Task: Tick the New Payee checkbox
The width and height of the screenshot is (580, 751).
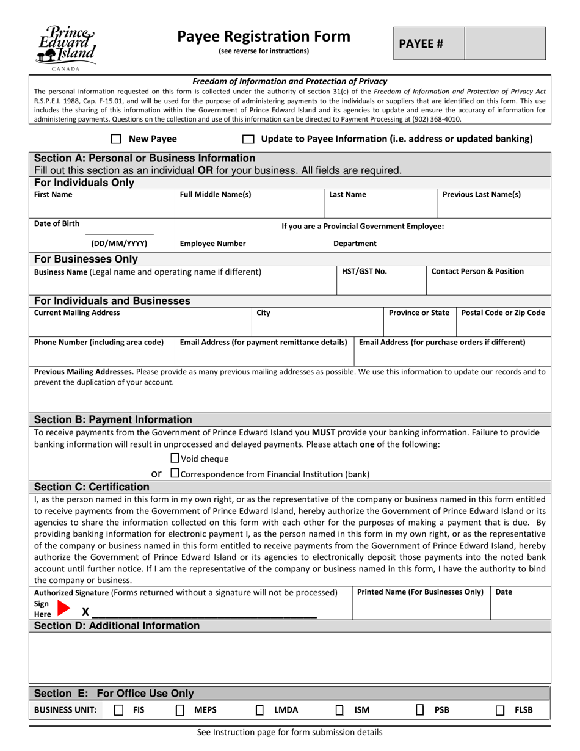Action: (x=116, y=139)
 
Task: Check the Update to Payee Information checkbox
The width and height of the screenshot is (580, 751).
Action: (x=248, y=139)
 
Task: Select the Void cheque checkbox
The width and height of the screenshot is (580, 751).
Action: (x=175, y=458)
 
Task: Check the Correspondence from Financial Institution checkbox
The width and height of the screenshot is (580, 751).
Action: (x=175, y=473)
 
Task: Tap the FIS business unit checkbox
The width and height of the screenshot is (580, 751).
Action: (x=119, y=710)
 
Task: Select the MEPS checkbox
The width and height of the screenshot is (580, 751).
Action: (x=180, y=710)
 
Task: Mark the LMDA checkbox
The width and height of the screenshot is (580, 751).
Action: (x=259, y=710)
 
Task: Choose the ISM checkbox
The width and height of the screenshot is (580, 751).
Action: (x=339, y=710)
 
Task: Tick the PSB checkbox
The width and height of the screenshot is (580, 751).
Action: (x=420, y=710)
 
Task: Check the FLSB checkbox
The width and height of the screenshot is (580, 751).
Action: (x=500, y=710)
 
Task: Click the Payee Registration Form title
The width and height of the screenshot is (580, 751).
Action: (x=264, y=37)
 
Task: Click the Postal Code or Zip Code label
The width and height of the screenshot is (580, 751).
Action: (x=503, y=313)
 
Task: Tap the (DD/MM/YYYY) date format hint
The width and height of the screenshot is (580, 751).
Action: (x=119, y=243)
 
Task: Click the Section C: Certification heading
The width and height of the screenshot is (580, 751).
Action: (x=92, y=487)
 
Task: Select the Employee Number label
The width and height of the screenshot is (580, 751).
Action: (x=212, y=243)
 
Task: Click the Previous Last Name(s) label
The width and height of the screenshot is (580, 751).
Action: (x=481, y=194)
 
